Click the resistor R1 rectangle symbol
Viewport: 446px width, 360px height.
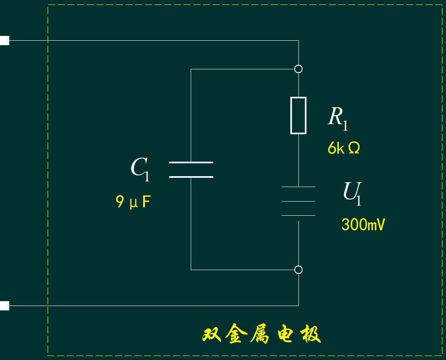click(298, 115)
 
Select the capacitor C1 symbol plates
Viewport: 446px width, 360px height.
click(191, 170)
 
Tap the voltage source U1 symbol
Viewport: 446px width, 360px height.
click(298, 201)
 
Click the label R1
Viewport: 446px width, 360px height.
click(338, 118)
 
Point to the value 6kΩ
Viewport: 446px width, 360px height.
click(344, 148)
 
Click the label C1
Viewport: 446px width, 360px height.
click(140, 168)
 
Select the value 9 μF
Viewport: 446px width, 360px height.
click(133, 202)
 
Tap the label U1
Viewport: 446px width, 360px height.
click(352, 192)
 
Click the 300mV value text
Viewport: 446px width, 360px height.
click(363, 225)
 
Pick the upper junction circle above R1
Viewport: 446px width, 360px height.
click(298, 69)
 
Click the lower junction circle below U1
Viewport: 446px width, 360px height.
click(298, 270)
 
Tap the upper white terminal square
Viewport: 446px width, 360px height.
click(4, 40)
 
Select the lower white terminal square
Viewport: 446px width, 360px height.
click(4, 306)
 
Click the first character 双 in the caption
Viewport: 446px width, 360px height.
click(212, 334)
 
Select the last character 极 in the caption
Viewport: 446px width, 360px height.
click(309, 334)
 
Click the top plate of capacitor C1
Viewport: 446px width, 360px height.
click(191, 162)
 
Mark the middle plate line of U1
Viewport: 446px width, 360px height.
click(298, 201)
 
